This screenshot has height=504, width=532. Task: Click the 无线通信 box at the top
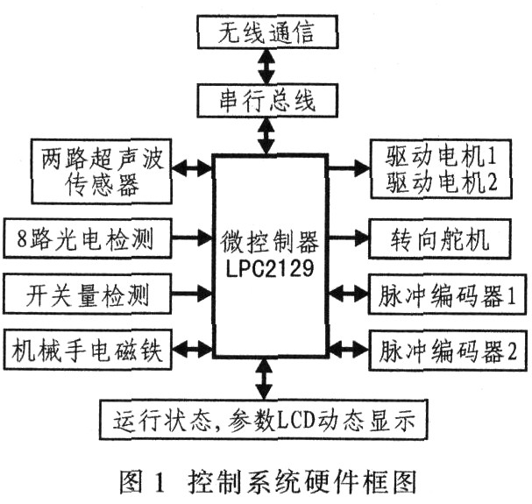267,32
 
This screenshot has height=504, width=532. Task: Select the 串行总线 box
267,101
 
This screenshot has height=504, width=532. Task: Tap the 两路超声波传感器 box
102,172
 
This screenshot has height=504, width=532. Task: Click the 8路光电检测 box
87,238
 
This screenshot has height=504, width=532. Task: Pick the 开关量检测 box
87,294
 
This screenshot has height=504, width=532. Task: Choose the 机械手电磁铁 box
87,350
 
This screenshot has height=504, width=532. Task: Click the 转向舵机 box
440,239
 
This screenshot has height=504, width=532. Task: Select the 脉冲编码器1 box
448,295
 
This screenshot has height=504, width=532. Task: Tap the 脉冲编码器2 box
448,351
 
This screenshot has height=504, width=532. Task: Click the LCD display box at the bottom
263,420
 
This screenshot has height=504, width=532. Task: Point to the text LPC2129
270,269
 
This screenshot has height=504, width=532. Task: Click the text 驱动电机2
441,182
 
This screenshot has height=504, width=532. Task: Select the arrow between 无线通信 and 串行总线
266,67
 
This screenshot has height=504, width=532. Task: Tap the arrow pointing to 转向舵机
348,237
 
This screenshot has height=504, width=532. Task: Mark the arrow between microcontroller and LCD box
264,379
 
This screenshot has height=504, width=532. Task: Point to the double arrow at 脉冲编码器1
349,293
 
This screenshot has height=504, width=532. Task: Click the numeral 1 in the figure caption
159,482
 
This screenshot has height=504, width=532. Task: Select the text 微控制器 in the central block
270,242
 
